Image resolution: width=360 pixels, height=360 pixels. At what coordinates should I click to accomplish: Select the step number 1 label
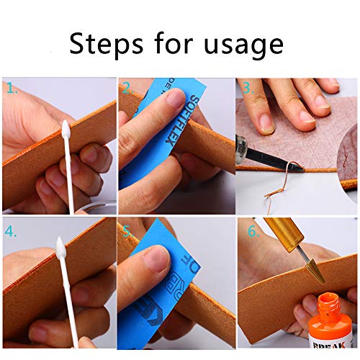12,89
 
